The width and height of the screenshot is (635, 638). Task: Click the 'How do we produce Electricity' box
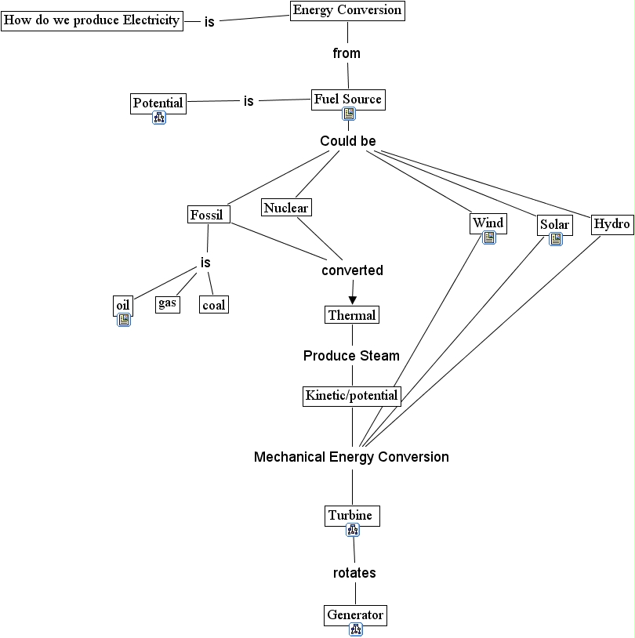[x=92, y=20]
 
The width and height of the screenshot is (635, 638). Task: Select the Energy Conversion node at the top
[x=347, y=10]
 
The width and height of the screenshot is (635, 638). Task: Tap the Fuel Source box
[x=347, y=100]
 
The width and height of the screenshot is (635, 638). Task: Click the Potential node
[x=158, y=103]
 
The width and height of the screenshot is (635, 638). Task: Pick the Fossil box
[x=207, y=215]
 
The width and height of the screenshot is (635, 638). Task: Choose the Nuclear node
[x=286, y=208]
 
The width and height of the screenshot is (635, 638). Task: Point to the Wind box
[x=488, y=223]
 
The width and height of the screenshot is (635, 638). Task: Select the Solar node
[x=554, y=225]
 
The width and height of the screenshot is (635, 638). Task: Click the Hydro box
[x=611, y=224]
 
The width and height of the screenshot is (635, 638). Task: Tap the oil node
[x=122, y=305]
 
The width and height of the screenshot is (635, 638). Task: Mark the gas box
[x=167, y=303]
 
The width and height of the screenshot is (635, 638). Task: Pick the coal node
[x=213, y=305]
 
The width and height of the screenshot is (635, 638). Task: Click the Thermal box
[x=352, y=315]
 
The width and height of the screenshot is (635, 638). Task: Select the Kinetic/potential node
[x=351, y=395]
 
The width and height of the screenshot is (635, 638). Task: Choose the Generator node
[x=355, y=614]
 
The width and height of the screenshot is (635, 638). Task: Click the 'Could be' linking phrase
[x=348, y=141]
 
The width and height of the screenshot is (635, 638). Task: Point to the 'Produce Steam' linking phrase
[x=351, y=356]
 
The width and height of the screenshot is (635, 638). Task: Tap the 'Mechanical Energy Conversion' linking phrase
[x=351, y=457]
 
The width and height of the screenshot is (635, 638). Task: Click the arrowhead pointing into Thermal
[x=352, y=298]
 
